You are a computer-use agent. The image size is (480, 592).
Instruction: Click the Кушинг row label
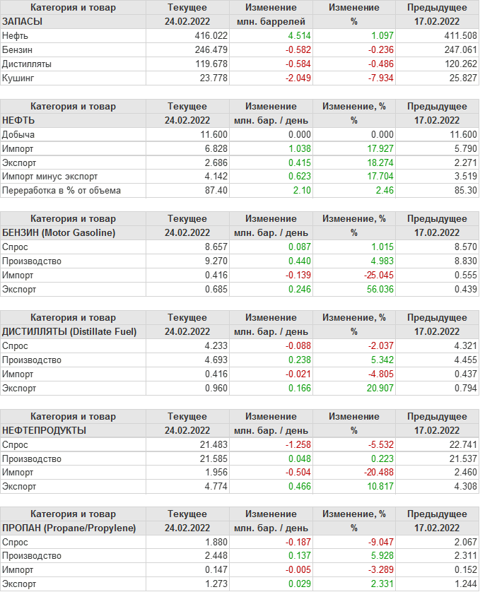pyautogui.click(x=18, y=78)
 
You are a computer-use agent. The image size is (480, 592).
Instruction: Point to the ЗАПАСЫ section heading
pyautogui.click(x=23, y=21)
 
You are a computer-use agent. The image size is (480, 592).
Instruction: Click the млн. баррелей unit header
pyautogui.click(x=271, y=21)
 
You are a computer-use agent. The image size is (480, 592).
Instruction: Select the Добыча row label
pyautogui.click(x=18, y=134)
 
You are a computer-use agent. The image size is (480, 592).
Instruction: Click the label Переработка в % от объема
pyautogui.click(x=62, y=191)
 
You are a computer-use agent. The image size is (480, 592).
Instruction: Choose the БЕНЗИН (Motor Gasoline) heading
pyautogui.click(x=59, y=232)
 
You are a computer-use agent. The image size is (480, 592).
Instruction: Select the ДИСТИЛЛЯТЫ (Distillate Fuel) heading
pyautogui.click(x=69, y=331)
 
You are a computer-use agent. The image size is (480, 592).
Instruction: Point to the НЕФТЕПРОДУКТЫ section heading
pyautogui.click(x=45, y=430)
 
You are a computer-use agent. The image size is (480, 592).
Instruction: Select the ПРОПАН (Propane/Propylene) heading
pyautogui.click(x=69, y=528)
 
